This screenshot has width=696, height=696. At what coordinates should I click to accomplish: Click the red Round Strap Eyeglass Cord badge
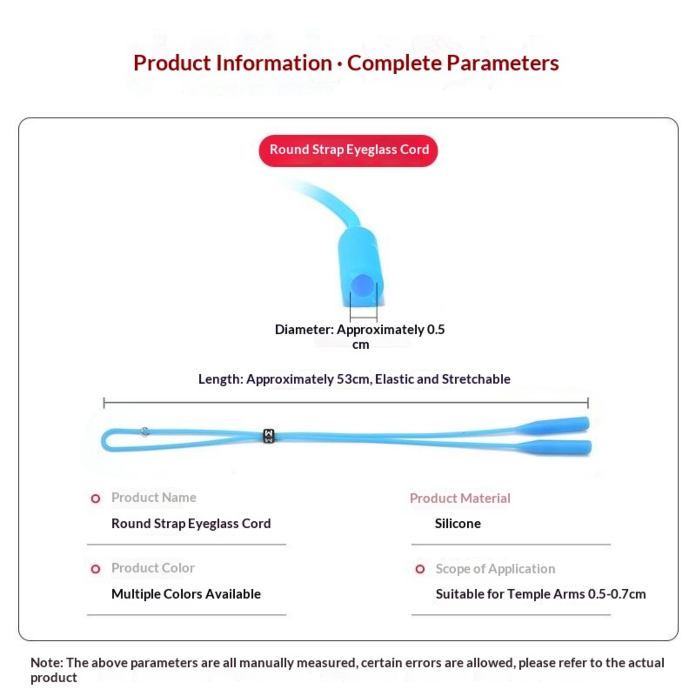click(x=348, y=151)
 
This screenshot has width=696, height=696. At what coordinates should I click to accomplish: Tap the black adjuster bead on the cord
click(x=269, y=436)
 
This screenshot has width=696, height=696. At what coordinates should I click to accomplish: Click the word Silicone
click(x=458, y=523)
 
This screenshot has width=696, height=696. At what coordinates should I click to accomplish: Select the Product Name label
click(x=154, y=497)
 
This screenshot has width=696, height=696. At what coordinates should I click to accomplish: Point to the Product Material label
click(x=460, y=498)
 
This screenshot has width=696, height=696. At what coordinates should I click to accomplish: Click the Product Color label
click(x=153, y=568)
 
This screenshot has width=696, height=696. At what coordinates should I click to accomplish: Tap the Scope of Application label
click(x=495, y=569)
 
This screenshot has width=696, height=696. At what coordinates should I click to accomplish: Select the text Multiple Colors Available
click(x=186, y=594)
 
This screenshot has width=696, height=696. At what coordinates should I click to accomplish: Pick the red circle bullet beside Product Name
click(x=95, y=499)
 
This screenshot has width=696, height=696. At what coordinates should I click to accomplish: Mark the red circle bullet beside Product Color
click(x=95, y=569)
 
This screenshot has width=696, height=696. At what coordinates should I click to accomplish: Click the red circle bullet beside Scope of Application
click(x=420, y=569)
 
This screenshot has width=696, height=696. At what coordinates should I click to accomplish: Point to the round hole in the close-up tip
click(x=362, y=285)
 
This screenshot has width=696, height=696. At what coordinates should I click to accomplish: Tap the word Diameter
click(x=304, y=329)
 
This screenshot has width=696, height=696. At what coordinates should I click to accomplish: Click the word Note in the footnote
click(x=47, y=663)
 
